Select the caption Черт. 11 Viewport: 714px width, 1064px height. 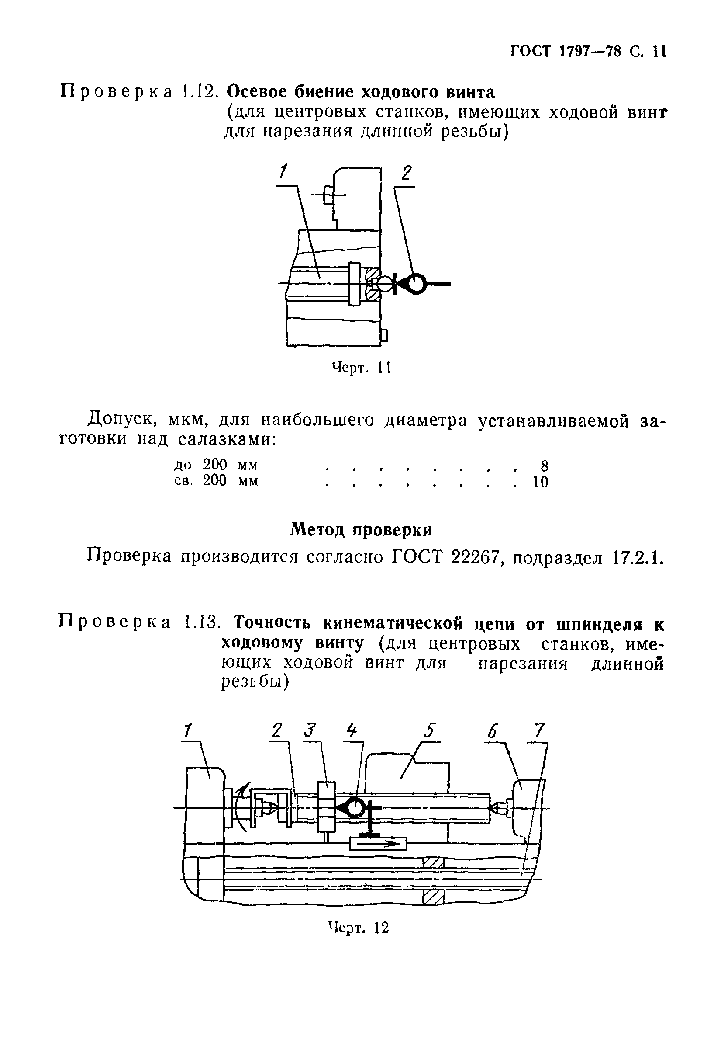coord(361,367)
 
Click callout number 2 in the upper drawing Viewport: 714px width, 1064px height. coord(406,174)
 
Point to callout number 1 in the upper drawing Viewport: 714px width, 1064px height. coord(283,172)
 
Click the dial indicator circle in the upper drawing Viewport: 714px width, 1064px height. coord(416,283)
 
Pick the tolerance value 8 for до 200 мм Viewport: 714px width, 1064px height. coord(544,465)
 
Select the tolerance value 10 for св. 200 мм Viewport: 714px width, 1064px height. coord(541,482)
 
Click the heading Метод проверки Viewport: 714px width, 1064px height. coord(361,529)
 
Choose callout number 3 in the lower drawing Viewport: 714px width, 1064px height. coord(310,730)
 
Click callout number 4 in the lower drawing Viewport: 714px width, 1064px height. coord(352,730)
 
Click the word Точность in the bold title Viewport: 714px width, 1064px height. coord(273,623)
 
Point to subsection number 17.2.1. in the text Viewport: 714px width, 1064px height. coord(637,557)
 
